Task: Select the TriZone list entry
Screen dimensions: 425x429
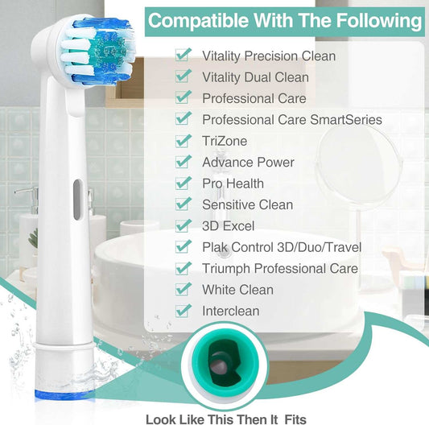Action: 225,141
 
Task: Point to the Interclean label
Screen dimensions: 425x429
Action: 231,310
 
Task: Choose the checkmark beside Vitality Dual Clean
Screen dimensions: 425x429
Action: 184,76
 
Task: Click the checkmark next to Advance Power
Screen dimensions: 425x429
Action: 184,161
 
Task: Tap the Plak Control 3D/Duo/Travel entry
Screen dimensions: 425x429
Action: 282,246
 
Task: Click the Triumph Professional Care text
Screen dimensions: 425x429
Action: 280,268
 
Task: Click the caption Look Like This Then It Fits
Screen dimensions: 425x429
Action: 225,419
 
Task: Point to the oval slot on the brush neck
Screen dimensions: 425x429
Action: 77,195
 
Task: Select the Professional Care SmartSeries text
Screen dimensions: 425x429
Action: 292,120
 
